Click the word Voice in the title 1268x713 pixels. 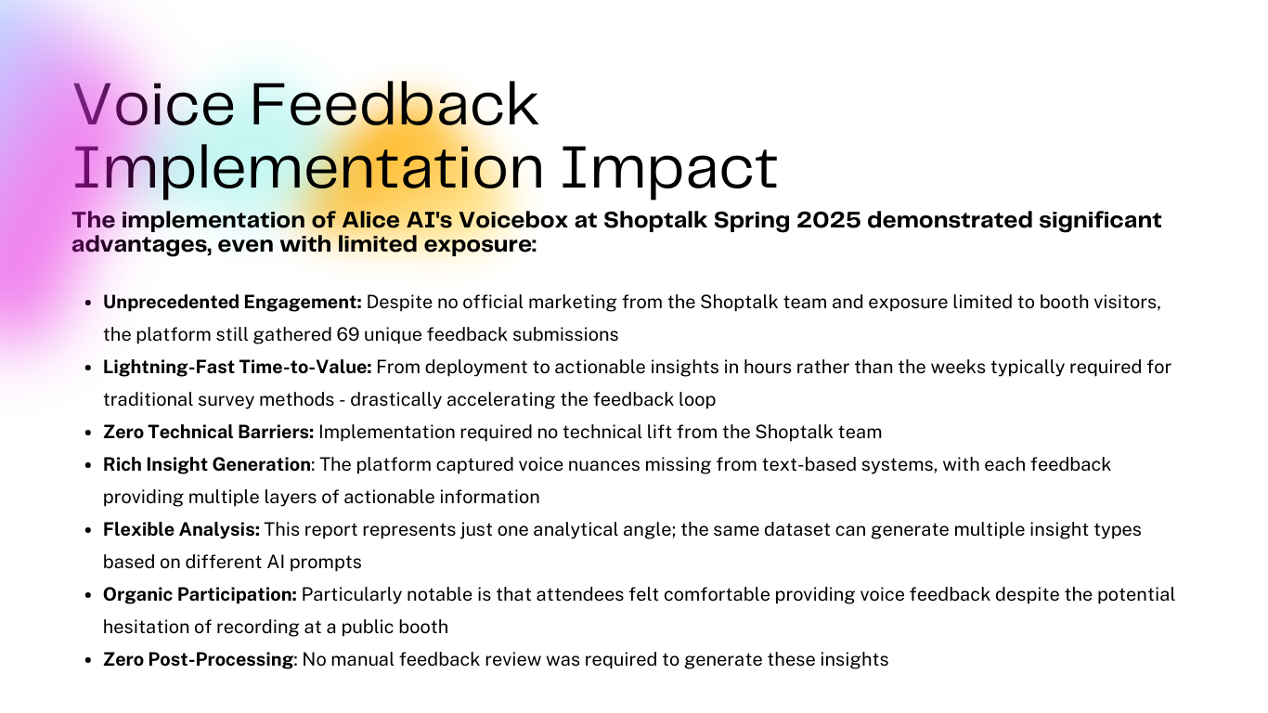tap(154, 104)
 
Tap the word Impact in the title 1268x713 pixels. tap(669, 168)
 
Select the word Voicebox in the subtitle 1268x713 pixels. tap(512, 220)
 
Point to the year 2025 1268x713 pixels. tap(829, 220)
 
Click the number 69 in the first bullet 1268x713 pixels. tap(347, 335)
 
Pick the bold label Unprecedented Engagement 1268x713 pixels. tap(232, 303)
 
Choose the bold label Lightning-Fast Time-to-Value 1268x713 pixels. tap(238, 367)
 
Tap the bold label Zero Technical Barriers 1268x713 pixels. tap(208, 432)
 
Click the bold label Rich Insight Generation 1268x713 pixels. tap(207, 464)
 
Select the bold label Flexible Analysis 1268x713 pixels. tap(181, 529)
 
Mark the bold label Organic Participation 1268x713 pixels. tap(200, 595)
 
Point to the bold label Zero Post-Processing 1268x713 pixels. tap(198, 660)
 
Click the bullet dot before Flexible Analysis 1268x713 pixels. tap(88, 531)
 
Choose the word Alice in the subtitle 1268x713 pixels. tap(370, 220)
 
